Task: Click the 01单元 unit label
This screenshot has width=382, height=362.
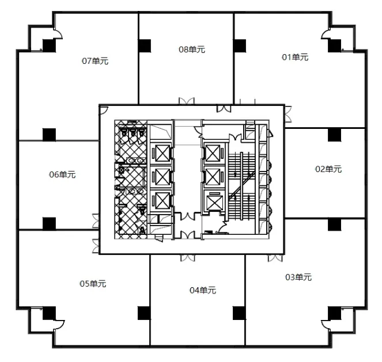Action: pyautogui.click(x=295, y=57)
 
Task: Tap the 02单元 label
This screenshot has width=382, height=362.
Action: pyautogui.click(x=328, y=169)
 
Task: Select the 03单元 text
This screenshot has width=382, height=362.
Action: pyautogui.click(x=298, y=277)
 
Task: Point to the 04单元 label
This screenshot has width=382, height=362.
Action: pyautogui.click(x=203, y=291)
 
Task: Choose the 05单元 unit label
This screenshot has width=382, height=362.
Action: pyautogui.click(x=93, y=283)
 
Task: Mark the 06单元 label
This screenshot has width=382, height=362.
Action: pyautogui.click(x=62, y=174)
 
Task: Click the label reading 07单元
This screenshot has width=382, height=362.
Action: pyautogui.click(x=96, y=60)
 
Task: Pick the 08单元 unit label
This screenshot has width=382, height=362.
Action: pyautogui.click(x=192, y=49)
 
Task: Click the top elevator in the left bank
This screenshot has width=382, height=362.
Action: pyautogui.click(x=160, y=154)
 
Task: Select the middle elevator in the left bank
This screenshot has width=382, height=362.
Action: pyautogui.click(x=160, y=177)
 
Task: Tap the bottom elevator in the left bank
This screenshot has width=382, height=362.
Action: pyautogui.click(x=160, y=201)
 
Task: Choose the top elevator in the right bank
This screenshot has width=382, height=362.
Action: pyautogui.click(x=213, y=153)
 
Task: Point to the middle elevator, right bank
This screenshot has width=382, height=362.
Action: pyautogui.click(x=213, y=177)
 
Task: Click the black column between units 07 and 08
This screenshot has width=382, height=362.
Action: pyautogui.click(x=144, y=44)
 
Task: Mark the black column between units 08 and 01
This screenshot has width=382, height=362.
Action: pyautogui.click(x=240, y=44)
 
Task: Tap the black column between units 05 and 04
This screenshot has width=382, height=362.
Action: pyautogui.click(x=144, y=313)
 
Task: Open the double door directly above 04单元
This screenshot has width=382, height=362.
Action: pyautogui.click(x=188, y=259)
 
